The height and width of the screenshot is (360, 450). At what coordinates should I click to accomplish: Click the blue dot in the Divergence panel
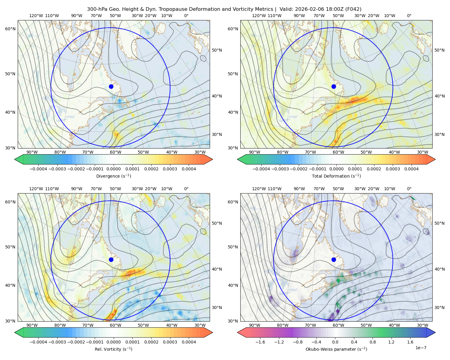pyautogui.click(x=111, y=86)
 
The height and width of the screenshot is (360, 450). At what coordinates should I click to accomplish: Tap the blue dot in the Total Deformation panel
pyautogui.click(x=334, y=86)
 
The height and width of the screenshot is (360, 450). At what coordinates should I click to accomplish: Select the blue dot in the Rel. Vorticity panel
pyautogui.click(x=111, y=259)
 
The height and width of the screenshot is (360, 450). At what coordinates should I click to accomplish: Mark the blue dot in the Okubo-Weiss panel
pyautogui.click(x=334, y=259)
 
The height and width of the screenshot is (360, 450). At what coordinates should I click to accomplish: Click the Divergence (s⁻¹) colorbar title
pyautogui.click(x=113, y=176)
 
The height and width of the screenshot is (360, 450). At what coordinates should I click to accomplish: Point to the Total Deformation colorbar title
pyautogui.click(x=336, y=176)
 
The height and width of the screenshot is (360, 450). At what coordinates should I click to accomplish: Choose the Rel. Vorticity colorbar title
pyautogui.click(x=113, y=349)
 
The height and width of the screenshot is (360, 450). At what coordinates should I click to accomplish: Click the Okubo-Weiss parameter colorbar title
pyautogui.click(x=336, y=349)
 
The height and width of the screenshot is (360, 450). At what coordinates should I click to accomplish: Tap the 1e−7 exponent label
pyautogui.click(x=421, y=348)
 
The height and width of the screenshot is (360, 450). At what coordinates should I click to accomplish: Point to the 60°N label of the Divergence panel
pyautogui.click(x=10, y=29)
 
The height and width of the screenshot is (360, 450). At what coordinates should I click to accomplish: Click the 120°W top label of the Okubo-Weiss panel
pyautogui.click(x=259, y=189)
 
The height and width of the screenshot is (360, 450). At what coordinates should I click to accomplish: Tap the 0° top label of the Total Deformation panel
pyautogui.click(x=409, y=16)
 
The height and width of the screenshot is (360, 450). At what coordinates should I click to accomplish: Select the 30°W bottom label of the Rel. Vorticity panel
pyautogui.click(x=200, y=325)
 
